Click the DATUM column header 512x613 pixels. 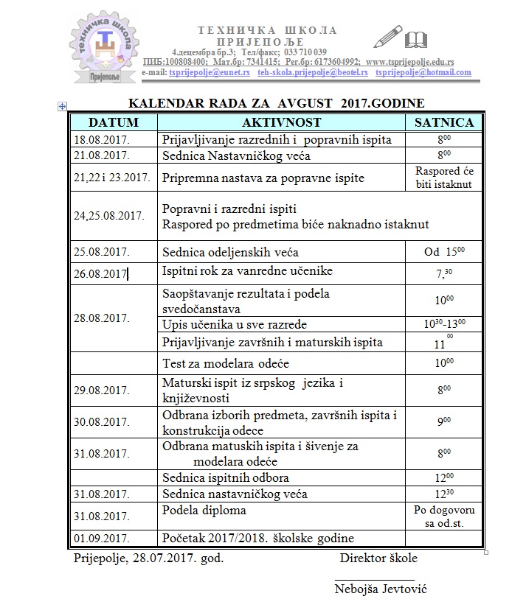point(114,122)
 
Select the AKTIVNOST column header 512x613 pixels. point(281,122)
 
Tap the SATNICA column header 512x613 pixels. point(443,122)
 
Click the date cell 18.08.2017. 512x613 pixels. point(102,140)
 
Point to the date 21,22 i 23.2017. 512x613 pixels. point(112,178)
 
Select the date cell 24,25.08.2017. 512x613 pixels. point(108,216)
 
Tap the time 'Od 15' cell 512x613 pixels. point(443,252)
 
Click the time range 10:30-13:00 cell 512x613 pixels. point(443,324)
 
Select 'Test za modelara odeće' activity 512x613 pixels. point(226,363)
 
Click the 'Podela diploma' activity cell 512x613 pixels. point(204,510)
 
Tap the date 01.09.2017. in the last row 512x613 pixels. point(102,538)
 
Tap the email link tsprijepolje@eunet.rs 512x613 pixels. point(210,73)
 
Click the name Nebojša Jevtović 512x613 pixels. point(381,589)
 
